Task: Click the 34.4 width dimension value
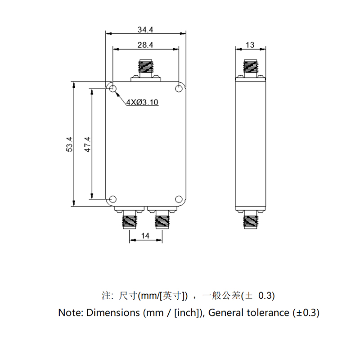click(146, 30)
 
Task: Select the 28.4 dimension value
click(146, 45)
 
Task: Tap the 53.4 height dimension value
click(69, 144)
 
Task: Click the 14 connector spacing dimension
click(145, 235)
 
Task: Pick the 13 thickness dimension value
click(251, 45)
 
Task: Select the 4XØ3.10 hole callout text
click(142, 102)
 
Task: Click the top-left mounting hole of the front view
click(112, 88)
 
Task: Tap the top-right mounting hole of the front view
click(179, 88)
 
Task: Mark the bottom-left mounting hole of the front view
click(112, 198)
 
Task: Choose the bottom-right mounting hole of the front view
click(179, 198)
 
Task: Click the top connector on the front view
click(145, 69)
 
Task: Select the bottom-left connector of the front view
click(130, 220)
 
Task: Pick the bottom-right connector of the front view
click(161, 220)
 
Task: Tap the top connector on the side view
click(251, 68)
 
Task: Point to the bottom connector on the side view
click(251, 220)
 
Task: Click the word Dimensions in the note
click(112, 312)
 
